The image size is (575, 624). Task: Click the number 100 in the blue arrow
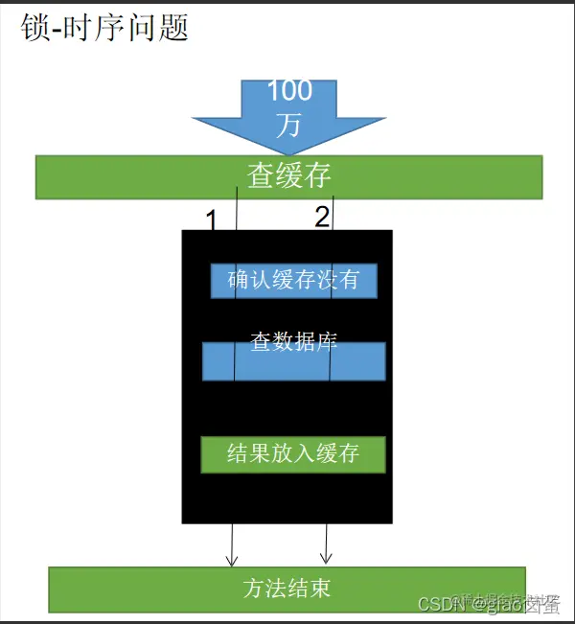tap(288, 92)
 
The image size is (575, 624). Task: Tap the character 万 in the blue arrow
tap(288, 125)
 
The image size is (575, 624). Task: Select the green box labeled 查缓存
tap(288, 176)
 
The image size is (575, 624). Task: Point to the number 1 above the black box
tap(212, 220)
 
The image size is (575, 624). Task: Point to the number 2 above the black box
tap(322, 218)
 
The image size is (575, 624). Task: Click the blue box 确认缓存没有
tap(293, 280)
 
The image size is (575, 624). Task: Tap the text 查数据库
tap(293, 341)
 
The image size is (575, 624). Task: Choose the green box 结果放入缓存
tap(293, 452)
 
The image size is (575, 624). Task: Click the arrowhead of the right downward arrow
tap(326, 557)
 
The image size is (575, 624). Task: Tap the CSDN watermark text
tap(489, 603)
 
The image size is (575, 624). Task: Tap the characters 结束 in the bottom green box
tap(313, 588)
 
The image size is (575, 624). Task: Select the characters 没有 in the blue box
tap(343, 280)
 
